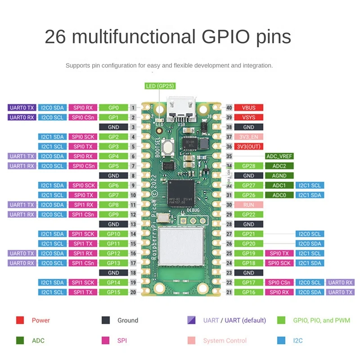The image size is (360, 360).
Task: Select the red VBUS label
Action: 248,108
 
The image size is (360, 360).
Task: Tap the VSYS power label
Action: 248,117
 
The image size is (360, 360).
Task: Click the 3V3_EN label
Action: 248,137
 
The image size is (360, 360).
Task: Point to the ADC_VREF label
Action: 279,156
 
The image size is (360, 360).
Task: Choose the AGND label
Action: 279,175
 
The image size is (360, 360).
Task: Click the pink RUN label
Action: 248,205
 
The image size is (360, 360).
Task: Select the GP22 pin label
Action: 248,214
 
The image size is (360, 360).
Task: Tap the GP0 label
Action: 113,108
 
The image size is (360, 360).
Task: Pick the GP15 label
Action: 113,292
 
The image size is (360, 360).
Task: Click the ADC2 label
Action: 279,166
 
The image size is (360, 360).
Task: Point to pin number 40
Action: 229,108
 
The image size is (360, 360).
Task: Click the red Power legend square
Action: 20,320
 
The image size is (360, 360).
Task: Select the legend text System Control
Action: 225,341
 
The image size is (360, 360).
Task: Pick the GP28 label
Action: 248,166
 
